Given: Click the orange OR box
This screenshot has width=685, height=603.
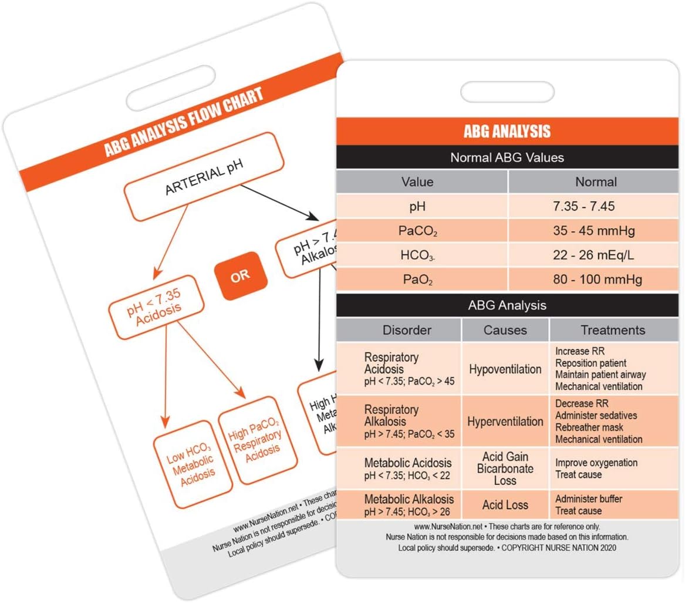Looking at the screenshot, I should point(240,276).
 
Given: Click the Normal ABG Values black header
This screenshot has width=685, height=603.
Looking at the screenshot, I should point(507,157).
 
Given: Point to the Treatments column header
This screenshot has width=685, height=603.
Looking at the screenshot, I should point(613,330).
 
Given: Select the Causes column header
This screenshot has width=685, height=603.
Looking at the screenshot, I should point(505,330).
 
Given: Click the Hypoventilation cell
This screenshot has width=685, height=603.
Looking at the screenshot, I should point(505,369).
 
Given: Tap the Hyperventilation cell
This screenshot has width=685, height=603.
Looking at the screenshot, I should point(505,422).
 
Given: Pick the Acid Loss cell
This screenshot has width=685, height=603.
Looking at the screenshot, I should point(505,504).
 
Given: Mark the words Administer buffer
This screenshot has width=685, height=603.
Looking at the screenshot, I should point(589,499).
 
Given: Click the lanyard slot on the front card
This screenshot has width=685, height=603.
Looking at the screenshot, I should point(507,92).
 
